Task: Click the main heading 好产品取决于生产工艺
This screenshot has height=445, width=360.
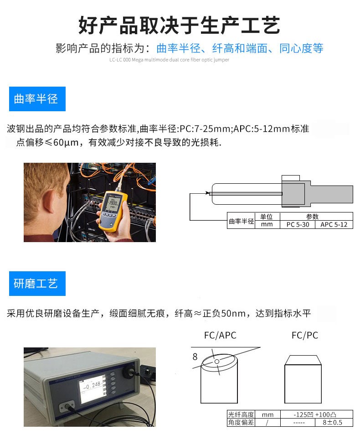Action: point(179,25)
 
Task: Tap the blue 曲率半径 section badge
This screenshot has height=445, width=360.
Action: point(37,99)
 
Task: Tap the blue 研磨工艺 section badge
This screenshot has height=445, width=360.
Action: point(37,284)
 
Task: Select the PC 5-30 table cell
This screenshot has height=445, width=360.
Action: point(297,224)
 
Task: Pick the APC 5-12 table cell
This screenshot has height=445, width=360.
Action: point(334,224)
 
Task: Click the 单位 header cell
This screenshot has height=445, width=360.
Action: point(267,217)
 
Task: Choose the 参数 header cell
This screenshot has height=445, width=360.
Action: point(315,217)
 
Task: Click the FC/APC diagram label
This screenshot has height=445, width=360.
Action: point(220,336)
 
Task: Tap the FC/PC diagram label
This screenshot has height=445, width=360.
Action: point(304,336)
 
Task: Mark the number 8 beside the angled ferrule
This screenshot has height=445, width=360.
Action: point(195,357)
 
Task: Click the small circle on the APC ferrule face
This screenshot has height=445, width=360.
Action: point(217,362)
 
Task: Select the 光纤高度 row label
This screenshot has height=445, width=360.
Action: point(241,414)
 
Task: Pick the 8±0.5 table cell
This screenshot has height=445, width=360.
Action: point(334,423)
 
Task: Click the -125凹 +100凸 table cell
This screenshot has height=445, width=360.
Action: point(315,414)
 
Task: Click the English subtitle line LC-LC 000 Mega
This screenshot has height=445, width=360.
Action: point(169,60)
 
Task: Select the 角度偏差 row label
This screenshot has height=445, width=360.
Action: point(241,423)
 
